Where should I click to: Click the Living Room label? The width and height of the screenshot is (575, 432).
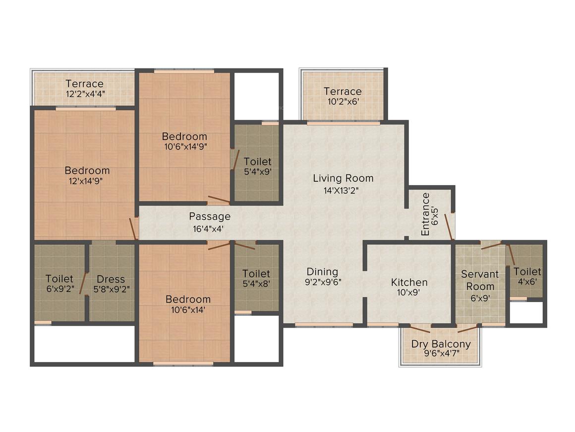point(343,178)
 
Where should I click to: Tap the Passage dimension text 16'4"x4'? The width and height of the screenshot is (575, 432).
point(210,229)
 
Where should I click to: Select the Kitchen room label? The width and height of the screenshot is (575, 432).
point(409,282)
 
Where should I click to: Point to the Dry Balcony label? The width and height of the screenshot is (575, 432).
point(441,344)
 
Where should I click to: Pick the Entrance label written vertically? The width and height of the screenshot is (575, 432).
point(425,214)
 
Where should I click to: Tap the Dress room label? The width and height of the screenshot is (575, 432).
point(111,279)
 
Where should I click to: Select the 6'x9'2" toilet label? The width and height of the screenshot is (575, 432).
point(59,279)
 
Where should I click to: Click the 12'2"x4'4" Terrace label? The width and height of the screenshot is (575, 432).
point(85,83)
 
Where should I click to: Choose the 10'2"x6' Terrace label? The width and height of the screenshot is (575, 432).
point(343,91)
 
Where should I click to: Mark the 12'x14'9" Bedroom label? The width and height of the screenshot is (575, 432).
point(87,170)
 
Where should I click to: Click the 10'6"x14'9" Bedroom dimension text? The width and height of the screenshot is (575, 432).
point(184,146)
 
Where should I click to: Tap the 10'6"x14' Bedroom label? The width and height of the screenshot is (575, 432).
point(188,299)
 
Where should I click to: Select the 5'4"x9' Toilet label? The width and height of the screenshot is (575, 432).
point(257,162)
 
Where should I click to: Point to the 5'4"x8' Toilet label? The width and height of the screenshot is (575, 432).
point(256,274)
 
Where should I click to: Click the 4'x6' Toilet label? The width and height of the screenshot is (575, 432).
point(527,272)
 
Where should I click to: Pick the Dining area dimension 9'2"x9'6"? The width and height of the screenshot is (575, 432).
point(322,282)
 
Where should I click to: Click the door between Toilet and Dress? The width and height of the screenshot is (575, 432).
point(85,284)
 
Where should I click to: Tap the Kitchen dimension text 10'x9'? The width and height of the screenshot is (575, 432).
point(409,292)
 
